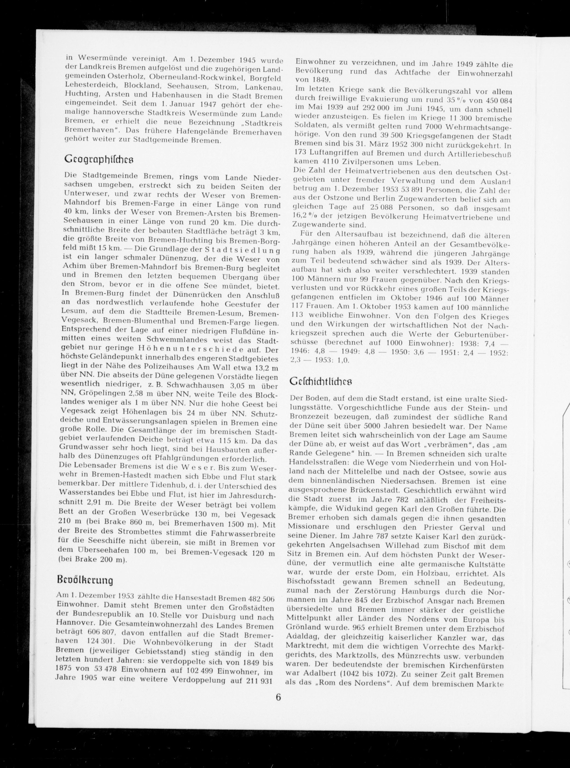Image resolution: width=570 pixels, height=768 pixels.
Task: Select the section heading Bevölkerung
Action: (85, 580)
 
